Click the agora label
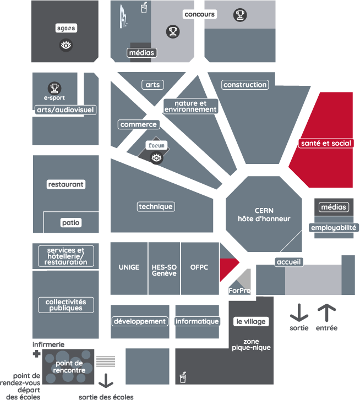pos(66,28)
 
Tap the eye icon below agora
pos(66,45)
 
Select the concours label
pos(200,14)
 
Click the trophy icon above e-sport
pos(54,87)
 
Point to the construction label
pos(245,85)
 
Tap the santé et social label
pos(326,143)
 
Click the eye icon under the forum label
pos(157,158)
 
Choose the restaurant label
pos(66,184)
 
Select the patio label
pos(71,223)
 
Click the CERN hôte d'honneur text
pos(264,215)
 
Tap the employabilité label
pos(334,228)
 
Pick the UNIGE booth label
pos(129,268)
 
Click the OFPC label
pos(199,268)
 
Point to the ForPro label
pos(239,290)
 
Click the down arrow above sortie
pos(299,313)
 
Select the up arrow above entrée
pos(326,313)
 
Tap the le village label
pos(250,321)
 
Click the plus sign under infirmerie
pos(37,354)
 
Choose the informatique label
pos(198,321)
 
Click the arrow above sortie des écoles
pos(106,381)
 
